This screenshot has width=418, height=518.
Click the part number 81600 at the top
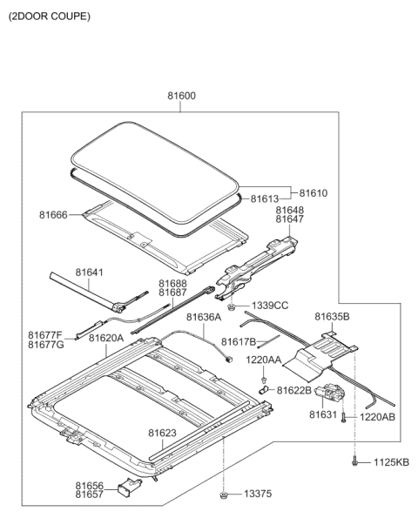(x=181, y=96)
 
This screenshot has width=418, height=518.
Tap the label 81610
(x=313, y=193)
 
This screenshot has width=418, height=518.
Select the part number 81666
(x=53, y=215)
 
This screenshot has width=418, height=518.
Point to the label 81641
(x=89, y=272)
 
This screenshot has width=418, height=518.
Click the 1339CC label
(x=270, y=306)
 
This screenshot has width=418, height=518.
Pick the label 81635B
(x=332, y=317)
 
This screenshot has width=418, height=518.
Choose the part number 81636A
(x=204, y=317)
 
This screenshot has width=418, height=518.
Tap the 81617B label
(x=239, y=342)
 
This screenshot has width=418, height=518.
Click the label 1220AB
(x=377, y=417)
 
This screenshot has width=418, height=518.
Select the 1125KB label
(x=391, y=462)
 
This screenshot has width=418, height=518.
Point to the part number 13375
(x=258, y=494)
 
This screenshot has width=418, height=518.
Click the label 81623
(x=162, y=433)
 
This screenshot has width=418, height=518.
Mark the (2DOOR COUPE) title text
(x=50, y=17)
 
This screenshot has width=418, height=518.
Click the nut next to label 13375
(x=224, y=494)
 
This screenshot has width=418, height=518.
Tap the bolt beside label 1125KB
(x=354, y=461)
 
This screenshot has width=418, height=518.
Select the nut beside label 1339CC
(x=232, y=307)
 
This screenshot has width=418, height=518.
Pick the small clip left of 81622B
(x=263, y=390)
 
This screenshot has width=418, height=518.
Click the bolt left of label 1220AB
(x=344, y=418)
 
